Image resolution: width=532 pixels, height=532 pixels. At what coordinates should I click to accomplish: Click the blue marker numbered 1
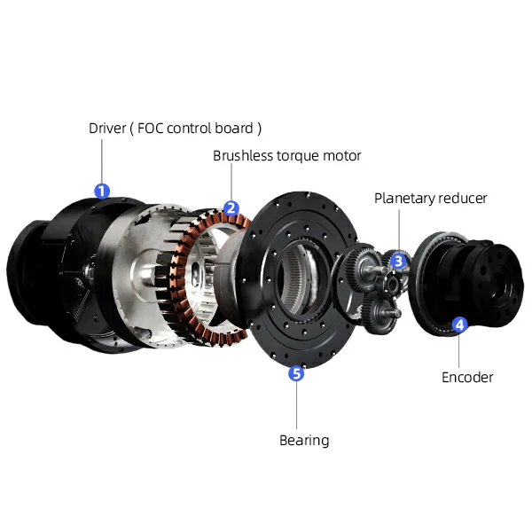point(102,190)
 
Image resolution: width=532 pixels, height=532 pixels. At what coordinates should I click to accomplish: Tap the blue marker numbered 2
point(231,209)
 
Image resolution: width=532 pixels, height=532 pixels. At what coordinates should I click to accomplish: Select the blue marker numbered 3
point(399,261)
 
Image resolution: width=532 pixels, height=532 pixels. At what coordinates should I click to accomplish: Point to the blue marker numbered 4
point(459,325)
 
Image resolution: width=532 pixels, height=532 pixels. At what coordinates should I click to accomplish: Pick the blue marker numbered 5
point(297,373)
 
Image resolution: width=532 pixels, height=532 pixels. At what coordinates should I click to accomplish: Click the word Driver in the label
point(107,128)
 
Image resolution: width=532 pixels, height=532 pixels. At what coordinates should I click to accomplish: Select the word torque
point(301,156)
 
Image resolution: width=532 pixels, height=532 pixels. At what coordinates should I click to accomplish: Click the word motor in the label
point(343,156)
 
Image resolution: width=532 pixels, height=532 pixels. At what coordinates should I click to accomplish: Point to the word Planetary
point(404,199)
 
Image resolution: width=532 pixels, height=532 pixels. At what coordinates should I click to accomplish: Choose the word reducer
point(464,199)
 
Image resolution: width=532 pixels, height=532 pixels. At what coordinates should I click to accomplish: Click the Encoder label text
point(467,377)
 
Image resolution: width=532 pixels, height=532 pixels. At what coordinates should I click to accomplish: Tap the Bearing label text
point(304,441)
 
